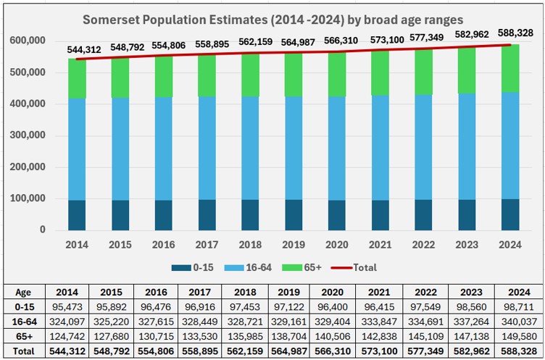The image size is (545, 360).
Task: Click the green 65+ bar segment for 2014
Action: click(x=78, y=78)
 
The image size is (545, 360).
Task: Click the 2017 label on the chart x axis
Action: click(x=207, y=245)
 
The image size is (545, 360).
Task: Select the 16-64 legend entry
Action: click(x=261, y=267)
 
